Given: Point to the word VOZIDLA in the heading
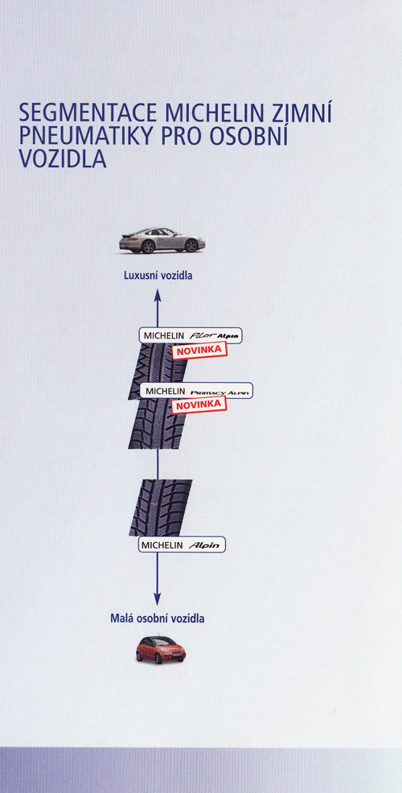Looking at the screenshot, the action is point(63,158).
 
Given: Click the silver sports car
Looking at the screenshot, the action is point(162,240).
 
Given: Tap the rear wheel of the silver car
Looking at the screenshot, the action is point(148,246).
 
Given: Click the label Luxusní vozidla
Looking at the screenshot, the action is point(158,276).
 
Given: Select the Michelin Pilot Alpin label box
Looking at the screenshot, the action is point(191,335).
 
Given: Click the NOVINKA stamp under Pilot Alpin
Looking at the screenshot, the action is point(199,351).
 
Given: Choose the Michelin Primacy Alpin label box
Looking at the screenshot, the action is point(195,391).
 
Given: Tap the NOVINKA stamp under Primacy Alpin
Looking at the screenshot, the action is point(199,405).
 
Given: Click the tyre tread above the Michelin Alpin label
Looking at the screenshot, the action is point(160,507).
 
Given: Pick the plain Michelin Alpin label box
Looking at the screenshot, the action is point(182,544).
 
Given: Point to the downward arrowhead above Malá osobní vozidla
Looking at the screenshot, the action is point(158,599).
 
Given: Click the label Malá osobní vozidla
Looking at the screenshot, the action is point(158,618).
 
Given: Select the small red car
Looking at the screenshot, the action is point(160,650).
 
